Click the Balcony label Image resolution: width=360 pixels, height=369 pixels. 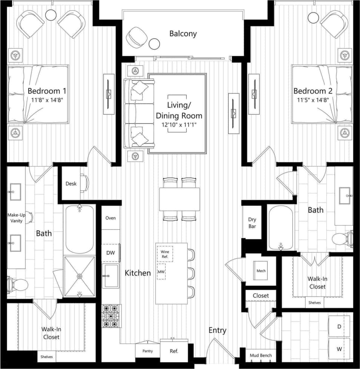point(183,34)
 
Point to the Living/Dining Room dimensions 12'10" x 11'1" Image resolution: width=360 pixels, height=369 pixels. point(179,124)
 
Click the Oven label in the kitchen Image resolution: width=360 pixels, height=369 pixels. point(111,218)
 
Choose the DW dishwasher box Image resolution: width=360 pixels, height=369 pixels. point(110,253)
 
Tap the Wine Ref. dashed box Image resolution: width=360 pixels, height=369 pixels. point(165,254)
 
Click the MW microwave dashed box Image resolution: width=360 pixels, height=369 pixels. point(162,272)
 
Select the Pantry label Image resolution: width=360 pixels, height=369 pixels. point(148,351)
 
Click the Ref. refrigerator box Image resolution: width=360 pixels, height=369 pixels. point(174,351)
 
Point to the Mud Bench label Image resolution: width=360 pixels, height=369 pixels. point(261,355)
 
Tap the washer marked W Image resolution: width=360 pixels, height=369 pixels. point(339,349)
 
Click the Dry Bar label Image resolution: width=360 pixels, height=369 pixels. point(252,223)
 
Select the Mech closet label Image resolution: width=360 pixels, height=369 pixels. point(261,271)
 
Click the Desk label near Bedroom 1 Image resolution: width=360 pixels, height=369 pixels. point(71,184)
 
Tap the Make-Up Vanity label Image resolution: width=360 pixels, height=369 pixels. point(17,218)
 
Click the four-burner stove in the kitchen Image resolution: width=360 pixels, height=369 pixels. point(111,316)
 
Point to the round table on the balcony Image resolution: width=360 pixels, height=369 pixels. point(154,44)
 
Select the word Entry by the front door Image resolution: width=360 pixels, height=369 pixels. point(218,330)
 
